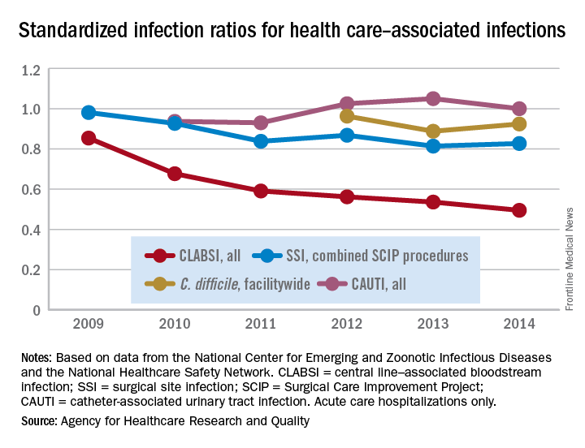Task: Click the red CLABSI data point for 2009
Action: (x=89, y=138)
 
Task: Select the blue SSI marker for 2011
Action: (x=261, y=141)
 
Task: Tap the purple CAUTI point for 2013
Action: (x=433, y=98)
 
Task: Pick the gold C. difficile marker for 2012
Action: (x=347, y=116)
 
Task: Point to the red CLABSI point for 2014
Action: (x=519, y=210)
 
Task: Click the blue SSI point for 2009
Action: (x=89, y=113)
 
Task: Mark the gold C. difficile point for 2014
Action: (x=519, y=124)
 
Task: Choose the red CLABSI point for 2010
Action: (x=175, y=174)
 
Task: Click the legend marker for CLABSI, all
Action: (x=161, y=256)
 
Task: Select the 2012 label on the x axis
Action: (x=347, y=324)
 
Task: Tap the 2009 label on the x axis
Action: (x=89, y=324)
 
